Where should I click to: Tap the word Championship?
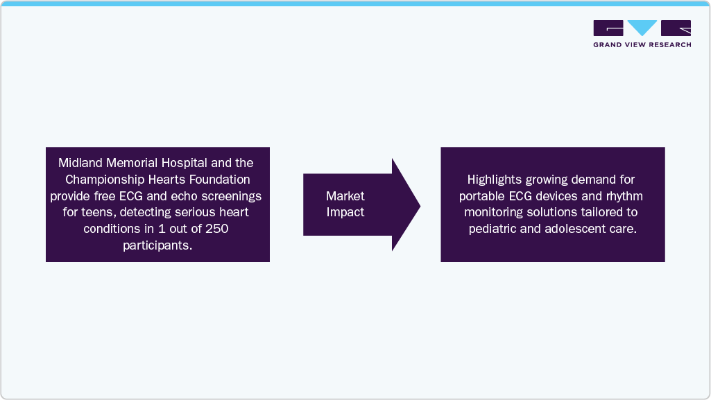point(105,180)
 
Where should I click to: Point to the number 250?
point(216,229)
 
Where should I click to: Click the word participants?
point(157,245)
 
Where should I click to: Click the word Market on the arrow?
point(345,196)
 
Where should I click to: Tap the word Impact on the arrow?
point(345,212)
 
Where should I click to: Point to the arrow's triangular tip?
point(420,206)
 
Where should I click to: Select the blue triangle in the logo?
point(642,27)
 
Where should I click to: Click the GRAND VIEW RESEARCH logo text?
point(642,45)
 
